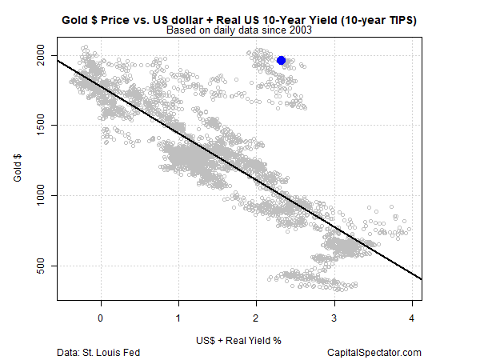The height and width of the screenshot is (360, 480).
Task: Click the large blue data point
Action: click(x=281, y=60)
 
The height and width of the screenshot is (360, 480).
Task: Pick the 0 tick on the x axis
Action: click(x=101, y=317)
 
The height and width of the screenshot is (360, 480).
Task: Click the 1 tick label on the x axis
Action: click(x=178, y=317)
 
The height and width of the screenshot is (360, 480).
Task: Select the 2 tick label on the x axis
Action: click(x=256, y=317)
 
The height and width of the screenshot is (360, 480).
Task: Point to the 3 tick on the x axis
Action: click(x=334, y=317)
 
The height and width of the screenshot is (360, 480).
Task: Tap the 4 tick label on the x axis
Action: click(x=411, y=317)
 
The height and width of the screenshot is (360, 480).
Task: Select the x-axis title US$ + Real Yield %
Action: click(x=239, y=338)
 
